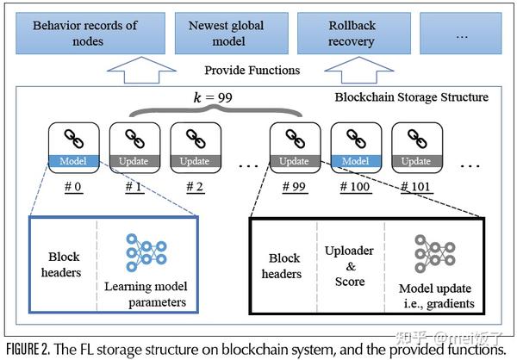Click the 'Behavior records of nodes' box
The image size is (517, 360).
[84, 33]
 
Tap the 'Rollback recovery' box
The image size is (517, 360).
[351, 33]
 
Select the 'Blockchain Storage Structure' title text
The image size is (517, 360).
[411, 97]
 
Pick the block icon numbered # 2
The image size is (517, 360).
[191, 146]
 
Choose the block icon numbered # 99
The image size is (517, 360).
[294, 146]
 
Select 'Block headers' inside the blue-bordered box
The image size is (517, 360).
[63, 264]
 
